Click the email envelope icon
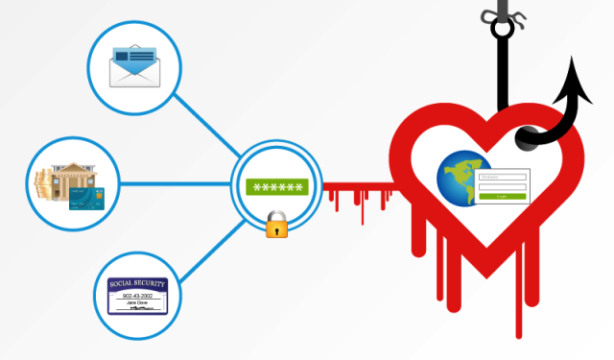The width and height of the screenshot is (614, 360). point(133,64)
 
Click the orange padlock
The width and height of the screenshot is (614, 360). point(277,227)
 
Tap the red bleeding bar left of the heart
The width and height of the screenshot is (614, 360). point(355,187)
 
